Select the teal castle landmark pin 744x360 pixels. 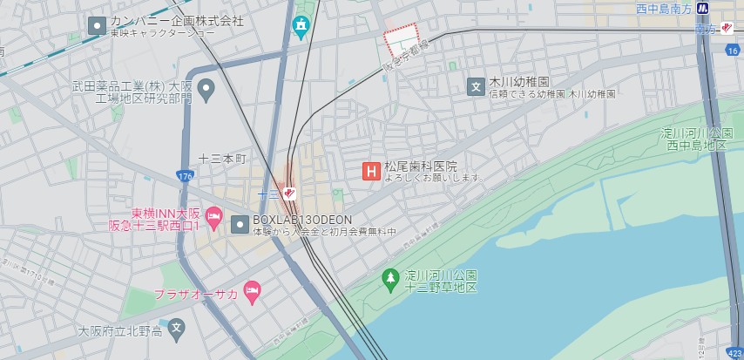(x=301, y=27)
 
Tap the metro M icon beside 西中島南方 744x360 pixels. (x=727, y=8)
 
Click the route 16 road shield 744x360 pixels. (x=731, y=51)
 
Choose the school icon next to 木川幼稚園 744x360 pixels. (x=476, y=85)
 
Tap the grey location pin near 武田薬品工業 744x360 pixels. (x=206, y=87)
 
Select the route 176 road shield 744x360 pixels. (x=182, y=175)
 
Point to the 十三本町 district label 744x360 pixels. (x=223, y=159)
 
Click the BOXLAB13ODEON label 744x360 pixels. (x=302, y=220)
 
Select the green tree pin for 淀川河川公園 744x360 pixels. (x=391, y=279)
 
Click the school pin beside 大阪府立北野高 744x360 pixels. (x=178, y=329)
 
